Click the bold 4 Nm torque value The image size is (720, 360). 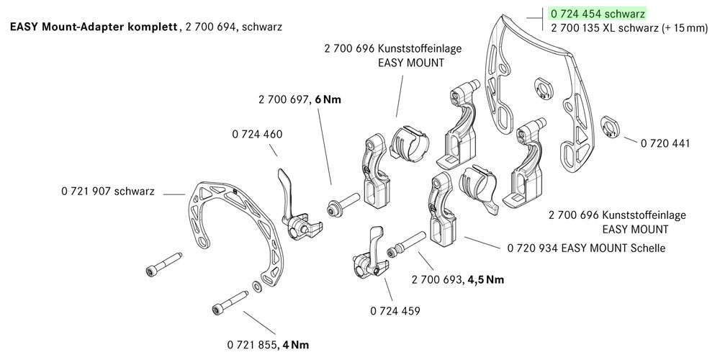tap(295, 344)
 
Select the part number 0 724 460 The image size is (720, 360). tap(258, 135)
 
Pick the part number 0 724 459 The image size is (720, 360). tap(395, 311)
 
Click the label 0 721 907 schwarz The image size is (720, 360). tap(109, 192)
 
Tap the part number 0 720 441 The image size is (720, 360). tap(665, 143)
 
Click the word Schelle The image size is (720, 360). tap(647, 248)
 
